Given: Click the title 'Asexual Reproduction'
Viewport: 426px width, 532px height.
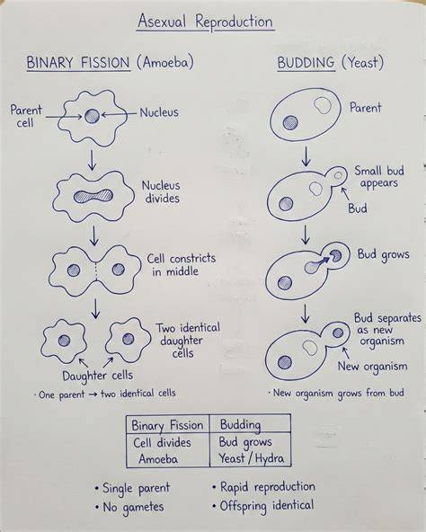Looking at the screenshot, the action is pos(206,22).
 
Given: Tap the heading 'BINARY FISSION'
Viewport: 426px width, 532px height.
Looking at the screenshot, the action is pos(78,63).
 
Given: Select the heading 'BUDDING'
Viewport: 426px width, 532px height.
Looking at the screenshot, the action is pos(306,63).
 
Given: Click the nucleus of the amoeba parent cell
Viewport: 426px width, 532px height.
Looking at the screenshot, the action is pos(92,116).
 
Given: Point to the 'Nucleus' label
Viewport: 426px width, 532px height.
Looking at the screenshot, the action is pos(159,112).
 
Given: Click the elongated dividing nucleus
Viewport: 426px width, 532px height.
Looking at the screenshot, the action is pos(93,196).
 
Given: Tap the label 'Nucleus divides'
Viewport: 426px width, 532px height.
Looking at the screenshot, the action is pos(161,191).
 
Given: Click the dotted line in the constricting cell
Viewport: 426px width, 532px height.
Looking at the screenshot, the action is pos(96,270).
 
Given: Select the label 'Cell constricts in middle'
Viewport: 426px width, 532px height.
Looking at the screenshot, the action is pos(182,264).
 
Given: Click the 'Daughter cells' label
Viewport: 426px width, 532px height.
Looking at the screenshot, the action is pos(97,376).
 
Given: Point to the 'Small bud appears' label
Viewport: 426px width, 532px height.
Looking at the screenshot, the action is pos(379,177).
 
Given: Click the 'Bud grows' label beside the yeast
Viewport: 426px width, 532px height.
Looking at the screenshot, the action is pos(383,255).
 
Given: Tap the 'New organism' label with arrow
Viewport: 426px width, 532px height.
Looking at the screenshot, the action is pos(372,367).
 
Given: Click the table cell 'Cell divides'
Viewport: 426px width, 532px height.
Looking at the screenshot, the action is pos(162,443).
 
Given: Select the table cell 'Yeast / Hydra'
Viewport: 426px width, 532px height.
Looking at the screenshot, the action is pos(251,458).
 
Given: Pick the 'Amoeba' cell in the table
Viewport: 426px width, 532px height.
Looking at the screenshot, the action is pos(158,459).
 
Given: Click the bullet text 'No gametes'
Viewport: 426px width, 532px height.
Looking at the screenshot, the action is pos(133,508).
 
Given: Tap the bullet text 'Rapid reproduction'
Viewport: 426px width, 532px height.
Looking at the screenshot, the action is pos(268,487).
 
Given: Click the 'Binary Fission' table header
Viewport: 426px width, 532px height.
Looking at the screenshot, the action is pos(167,425).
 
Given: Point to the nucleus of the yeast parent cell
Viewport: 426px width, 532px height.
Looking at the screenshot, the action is pos(290,122).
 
